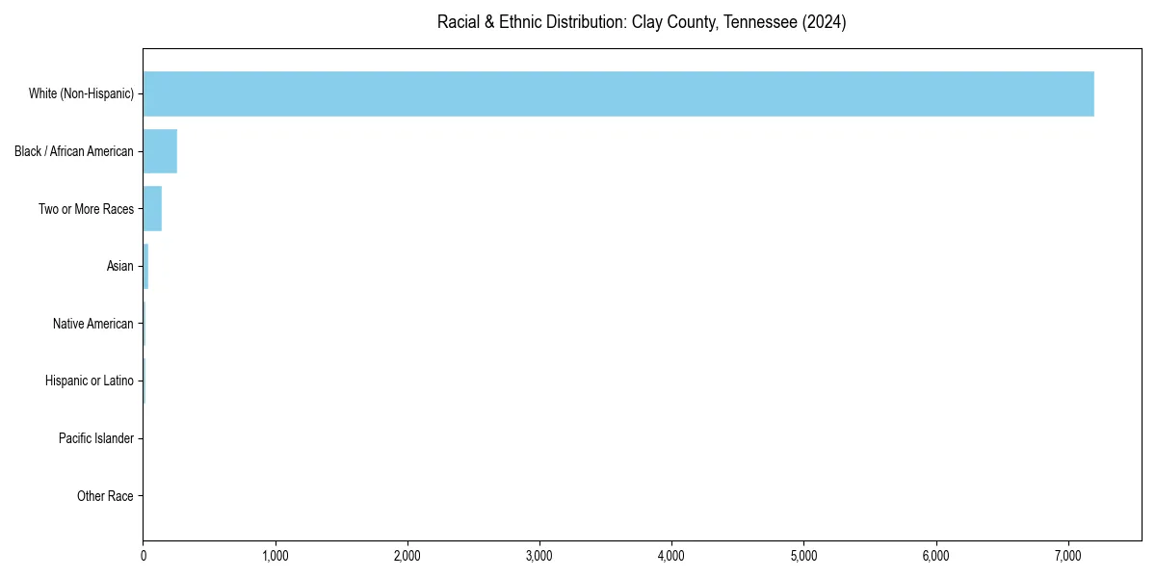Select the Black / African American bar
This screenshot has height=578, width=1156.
(x=160, y=151)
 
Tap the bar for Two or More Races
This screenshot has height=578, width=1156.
(x=152, y=209)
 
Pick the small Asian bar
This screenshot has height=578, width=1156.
(x=145, y=266)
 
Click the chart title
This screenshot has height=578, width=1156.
(x=642, y=22)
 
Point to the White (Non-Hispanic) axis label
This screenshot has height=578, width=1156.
(x=81, y=93)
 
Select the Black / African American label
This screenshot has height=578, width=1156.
(x=74, y=151)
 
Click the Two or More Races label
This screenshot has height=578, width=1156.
(x=86, y=209)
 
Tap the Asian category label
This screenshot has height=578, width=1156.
(x=120, y=266)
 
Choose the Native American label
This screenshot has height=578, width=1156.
(x=93, y=324)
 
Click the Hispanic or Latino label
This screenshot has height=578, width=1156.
(x=90, y=381)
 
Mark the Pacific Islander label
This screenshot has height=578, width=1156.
(x=96, y=438)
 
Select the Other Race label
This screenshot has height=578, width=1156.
(x=105, y=496)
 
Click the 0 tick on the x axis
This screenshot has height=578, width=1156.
(x=144, y=556)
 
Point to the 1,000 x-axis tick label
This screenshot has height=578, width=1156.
(x=276, y=556)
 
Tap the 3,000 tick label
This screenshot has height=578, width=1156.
(x=539, y=556)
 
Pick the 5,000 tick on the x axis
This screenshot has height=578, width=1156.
(x=803, y=556)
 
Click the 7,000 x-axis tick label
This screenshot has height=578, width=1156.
(x=1067, y=556)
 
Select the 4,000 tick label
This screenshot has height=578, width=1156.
(x=671, y=556)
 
